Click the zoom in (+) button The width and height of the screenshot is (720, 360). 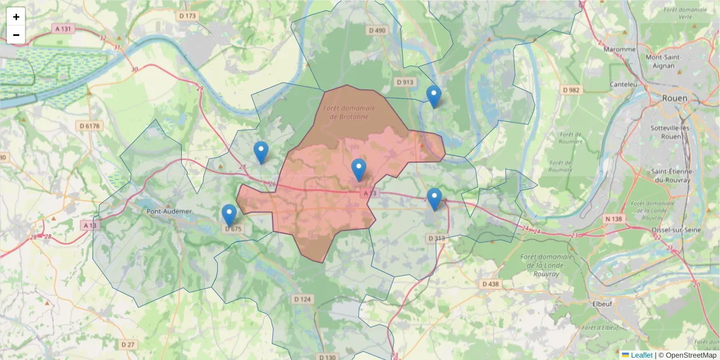click(16, 17)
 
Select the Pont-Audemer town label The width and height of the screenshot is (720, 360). click(169, 211)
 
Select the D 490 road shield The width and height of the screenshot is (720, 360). click(377, 30)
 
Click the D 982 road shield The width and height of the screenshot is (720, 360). click(572, 89)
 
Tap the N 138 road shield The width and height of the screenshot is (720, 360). click(614, 219)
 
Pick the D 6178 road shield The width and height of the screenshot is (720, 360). click(89, 125)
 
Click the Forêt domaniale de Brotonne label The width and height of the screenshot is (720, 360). click(349, 112)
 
